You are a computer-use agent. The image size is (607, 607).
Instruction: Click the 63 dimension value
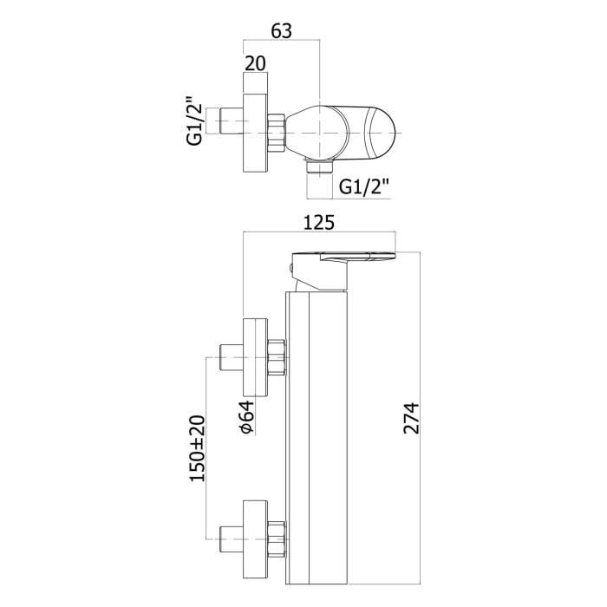tap(281, 30)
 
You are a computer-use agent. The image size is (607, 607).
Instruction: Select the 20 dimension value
tap(255, 63)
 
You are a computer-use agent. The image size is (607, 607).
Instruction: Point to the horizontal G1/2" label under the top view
tap(363, 186)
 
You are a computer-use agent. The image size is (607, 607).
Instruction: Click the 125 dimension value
tap(319, 223)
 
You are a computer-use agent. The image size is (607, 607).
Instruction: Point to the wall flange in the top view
tap(256, 130)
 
